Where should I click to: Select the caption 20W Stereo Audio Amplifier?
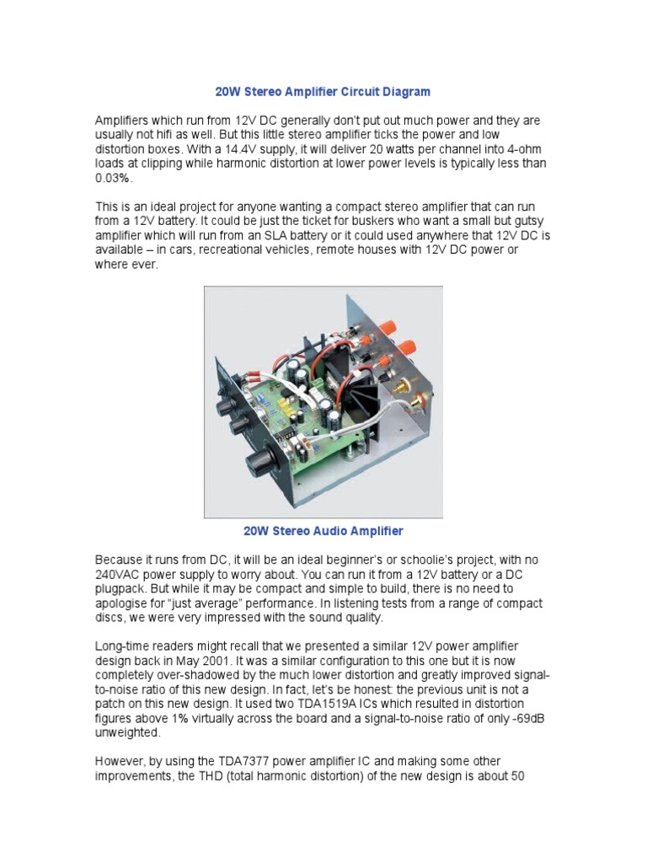point(323,531)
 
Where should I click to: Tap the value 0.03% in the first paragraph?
point(114,180)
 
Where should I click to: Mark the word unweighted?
point(127,732)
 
